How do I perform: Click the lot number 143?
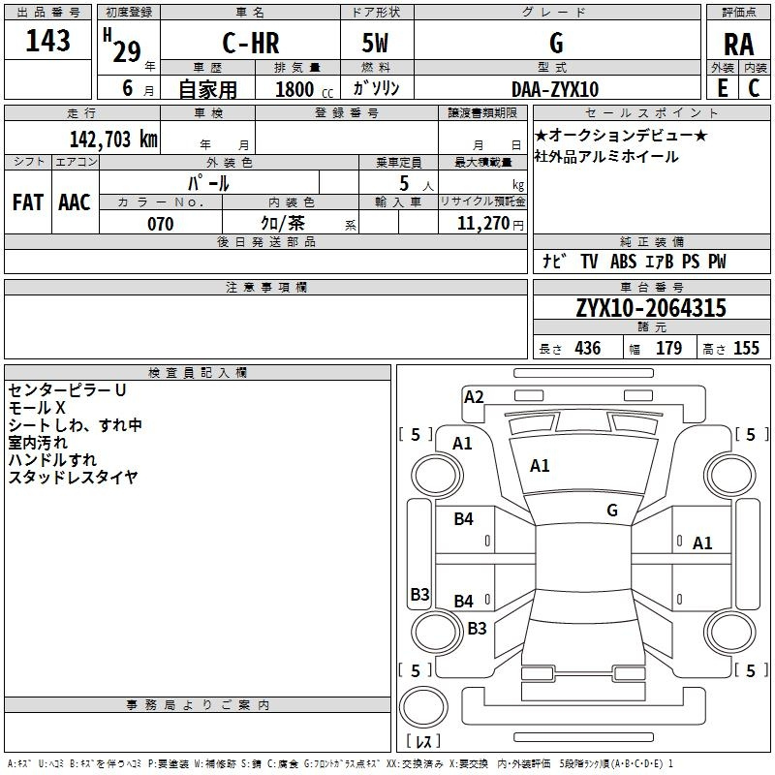tap(48, 42)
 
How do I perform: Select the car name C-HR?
tap(250, 44)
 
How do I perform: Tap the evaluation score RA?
tap(738, 45)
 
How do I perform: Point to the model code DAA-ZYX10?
tap(555, 89)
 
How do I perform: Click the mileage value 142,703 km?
tap(113, 139)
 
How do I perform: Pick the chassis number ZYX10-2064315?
tap(651, 308)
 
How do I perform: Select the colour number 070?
tap(160, 224)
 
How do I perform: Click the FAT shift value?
tap(28, 202)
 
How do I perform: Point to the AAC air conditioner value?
tap(75, 202)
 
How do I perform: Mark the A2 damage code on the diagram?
tap(474, 396)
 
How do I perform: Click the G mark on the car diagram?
tap(612, 510)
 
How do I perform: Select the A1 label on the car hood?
tap(540, 466)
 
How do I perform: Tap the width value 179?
tap(668, 349)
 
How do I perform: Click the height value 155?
tap(746, 349)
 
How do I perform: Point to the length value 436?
tap(588, 349)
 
